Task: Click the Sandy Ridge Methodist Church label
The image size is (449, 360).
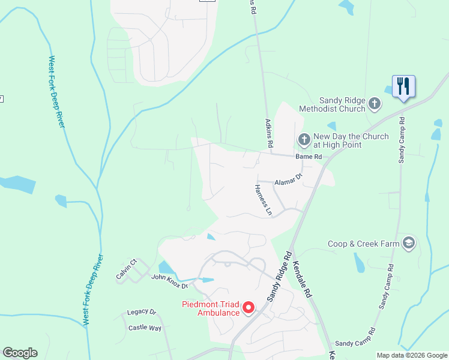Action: click(x=342, y=104)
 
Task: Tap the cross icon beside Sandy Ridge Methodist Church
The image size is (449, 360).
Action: click(x=374, y=104)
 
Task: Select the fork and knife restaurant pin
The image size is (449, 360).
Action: click(x=402, y=86)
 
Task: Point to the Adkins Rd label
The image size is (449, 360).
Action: click(x=269, y=133)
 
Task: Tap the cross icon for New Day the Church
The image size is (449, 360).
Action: click(x=304, y=140)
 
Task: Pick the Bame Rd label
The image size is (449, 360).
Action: click(x=309, y=157)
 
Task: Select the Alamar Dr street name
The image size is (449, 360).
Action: click(x=288, y=181)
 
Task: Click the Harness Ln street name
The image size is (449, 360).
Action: click(x=263, y=200)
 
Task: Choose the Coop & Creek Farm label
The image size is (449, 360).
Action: click(x=364, y=244)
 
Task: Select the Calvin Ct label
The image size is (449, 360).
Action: click(x=127, y=269)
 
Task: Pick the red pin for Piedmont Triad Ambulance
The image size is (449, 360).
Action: click(x=248, y=308)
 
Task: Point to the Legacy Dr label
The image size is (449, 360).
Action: click(x=142, y=313)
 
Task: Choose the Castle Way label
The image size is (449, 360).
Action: click(x=145, y=328)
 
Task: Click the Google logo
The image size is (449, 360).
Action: click(x=20, y=353)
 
